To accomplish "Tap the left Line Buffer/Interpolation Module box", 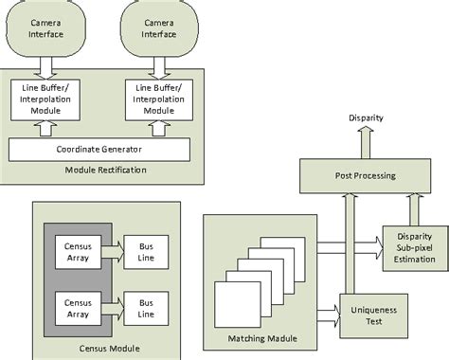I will pos(46,99).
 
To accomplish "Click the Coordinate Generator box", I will pos(99,148).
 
